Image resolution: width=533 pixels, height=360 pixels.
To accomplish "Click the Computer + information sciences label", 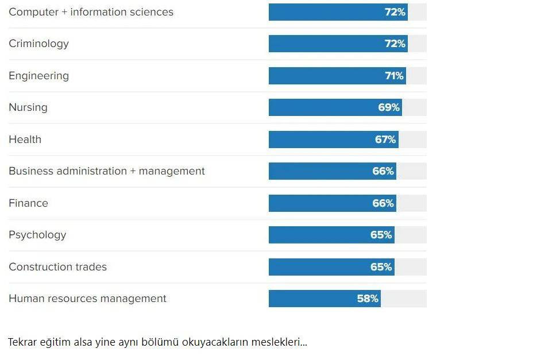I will [91, 12].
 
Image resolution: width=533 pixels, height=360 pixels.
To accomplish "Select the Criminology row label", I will [38, 44].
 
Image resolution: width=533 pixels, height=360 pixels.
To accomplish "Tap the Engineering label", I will [38, 76].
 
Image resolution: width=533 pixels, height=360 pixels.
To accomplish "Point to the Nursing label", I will [28, 107].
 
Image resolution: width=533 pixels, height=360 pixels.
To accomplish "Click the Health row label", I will [25, 140].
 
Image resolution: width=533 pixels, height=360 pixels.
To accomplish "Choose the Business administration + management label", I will [106, 171].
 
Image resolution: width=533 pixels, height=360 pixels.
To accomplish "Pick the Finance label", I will [28, 203].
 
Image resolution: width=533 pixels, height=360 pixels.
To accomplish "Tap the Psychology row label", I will [37, 235].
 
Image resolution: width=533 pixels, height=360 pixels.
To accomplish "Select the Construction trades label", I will [57, 267].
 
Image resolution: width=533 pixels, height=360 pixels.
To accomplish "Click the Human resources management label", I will [87, 299].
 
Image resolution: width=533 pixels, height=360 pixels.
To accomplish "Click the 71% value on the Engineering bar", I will [394, 76].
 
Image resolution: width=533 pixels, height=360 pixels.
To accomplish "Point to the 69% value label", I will [389, 107].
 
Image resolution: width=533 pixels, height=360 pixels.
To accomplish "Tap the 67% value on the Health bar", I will [385, 140].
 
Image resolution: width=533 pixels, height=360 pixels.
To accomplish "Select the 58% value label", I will [368, 299].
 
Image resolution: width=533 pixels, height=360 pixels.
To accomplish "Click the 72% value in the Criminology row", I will [395, 44].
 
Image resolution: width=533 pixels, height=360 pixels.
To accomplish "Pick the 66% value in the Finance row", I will [383, 203].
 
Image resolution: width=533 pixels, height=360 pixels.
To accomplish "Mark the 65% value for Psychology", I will [381, 235].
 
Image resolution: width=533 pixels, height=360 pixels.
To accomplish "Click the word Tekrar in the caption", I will [21, 342].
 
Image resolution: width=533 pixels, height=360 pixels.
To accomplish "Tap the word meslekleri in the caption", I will [281, 342].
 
